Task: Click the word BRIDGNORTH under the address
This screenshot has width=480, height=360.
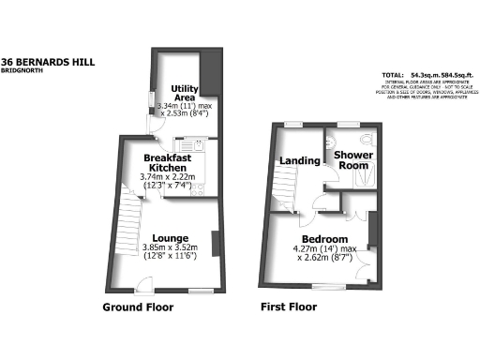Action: (24, 71)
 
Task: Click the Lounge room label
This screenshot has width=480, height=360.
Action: (168, 237)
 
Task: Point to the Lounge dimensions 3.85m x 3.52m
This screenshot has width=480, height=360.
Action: (168, 247)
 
